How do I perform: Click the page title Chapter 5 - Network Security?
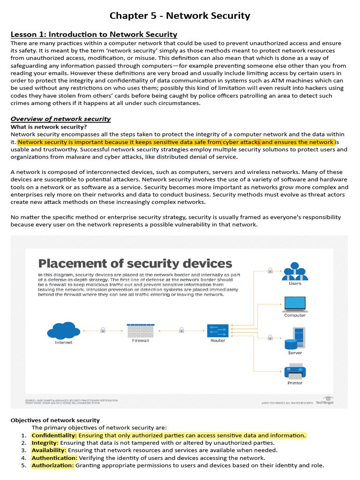click(x=180, y=16)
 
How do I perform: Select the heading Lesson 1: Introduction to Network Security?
click(x=94, y=34)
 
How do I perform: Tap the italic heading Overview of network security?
click(x=60, y=119)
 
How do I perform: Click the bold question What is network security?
click(x=49, y=127)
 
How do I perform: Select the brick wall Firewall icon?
click(x=140, y=330)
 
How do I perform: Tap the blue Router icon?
click(x=217, y=330)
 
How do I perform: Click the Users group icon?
click(x=295, y=271)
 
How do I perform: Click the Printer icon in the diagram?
click(x=295, y=372)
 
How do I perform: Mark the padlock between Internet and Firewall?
click(x=103, y=330)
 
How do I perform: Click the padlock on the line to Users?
click(x=270, y=270)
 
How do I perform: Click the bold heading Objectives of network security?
click(x=55, y=420)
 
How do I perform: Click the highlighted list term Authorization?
click(x=52, y=465)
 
